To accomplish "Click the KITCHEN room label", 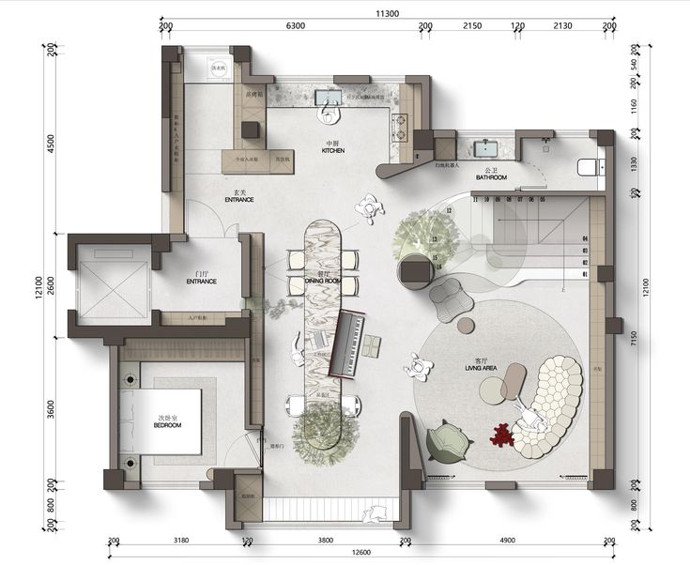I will tap(333, 150).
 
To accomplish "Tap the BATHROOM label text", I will tap(491, 177).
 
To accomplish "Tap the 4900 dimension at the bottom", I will tap(508, 541).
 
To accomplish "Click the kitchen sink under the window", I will tap(330, 99).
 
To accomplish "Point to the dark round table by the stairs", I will tap(414, 272).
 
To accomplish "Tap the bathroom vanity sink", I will tap(487, 148).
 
